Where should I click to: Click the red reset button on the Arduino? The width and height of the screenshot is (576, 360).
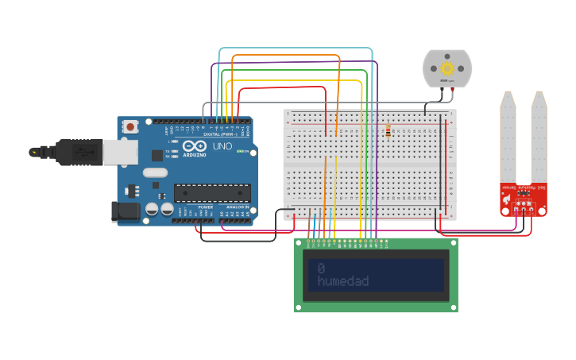point(130,126)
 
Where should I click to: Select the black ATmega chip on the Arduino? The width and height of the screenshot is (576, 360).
point(212,192)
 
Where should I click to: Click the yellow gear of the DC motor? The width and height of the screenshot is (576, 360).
point(446,68)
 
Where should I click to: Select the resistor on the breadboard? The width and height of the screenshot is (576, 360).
point(388,131)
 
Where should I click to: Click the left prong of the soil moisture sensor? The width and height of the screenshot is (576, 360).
point(508,139)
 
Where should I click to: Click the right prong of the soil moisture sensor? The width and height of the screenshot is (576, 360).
point(539,139)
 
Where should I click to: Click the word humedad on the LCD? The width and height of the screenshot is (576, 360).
point(342,281)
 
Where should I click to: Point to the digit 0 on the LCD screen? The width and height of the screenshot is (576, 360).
point(321,268)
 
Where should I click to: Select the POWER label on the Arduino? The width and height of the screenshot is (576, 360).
point(205,207)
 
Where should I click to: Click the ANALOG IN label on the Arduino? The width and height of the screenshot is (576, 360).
point(236,207)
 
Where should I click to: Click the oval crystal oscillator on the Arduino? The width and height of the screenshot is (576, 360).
point(156,172)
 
